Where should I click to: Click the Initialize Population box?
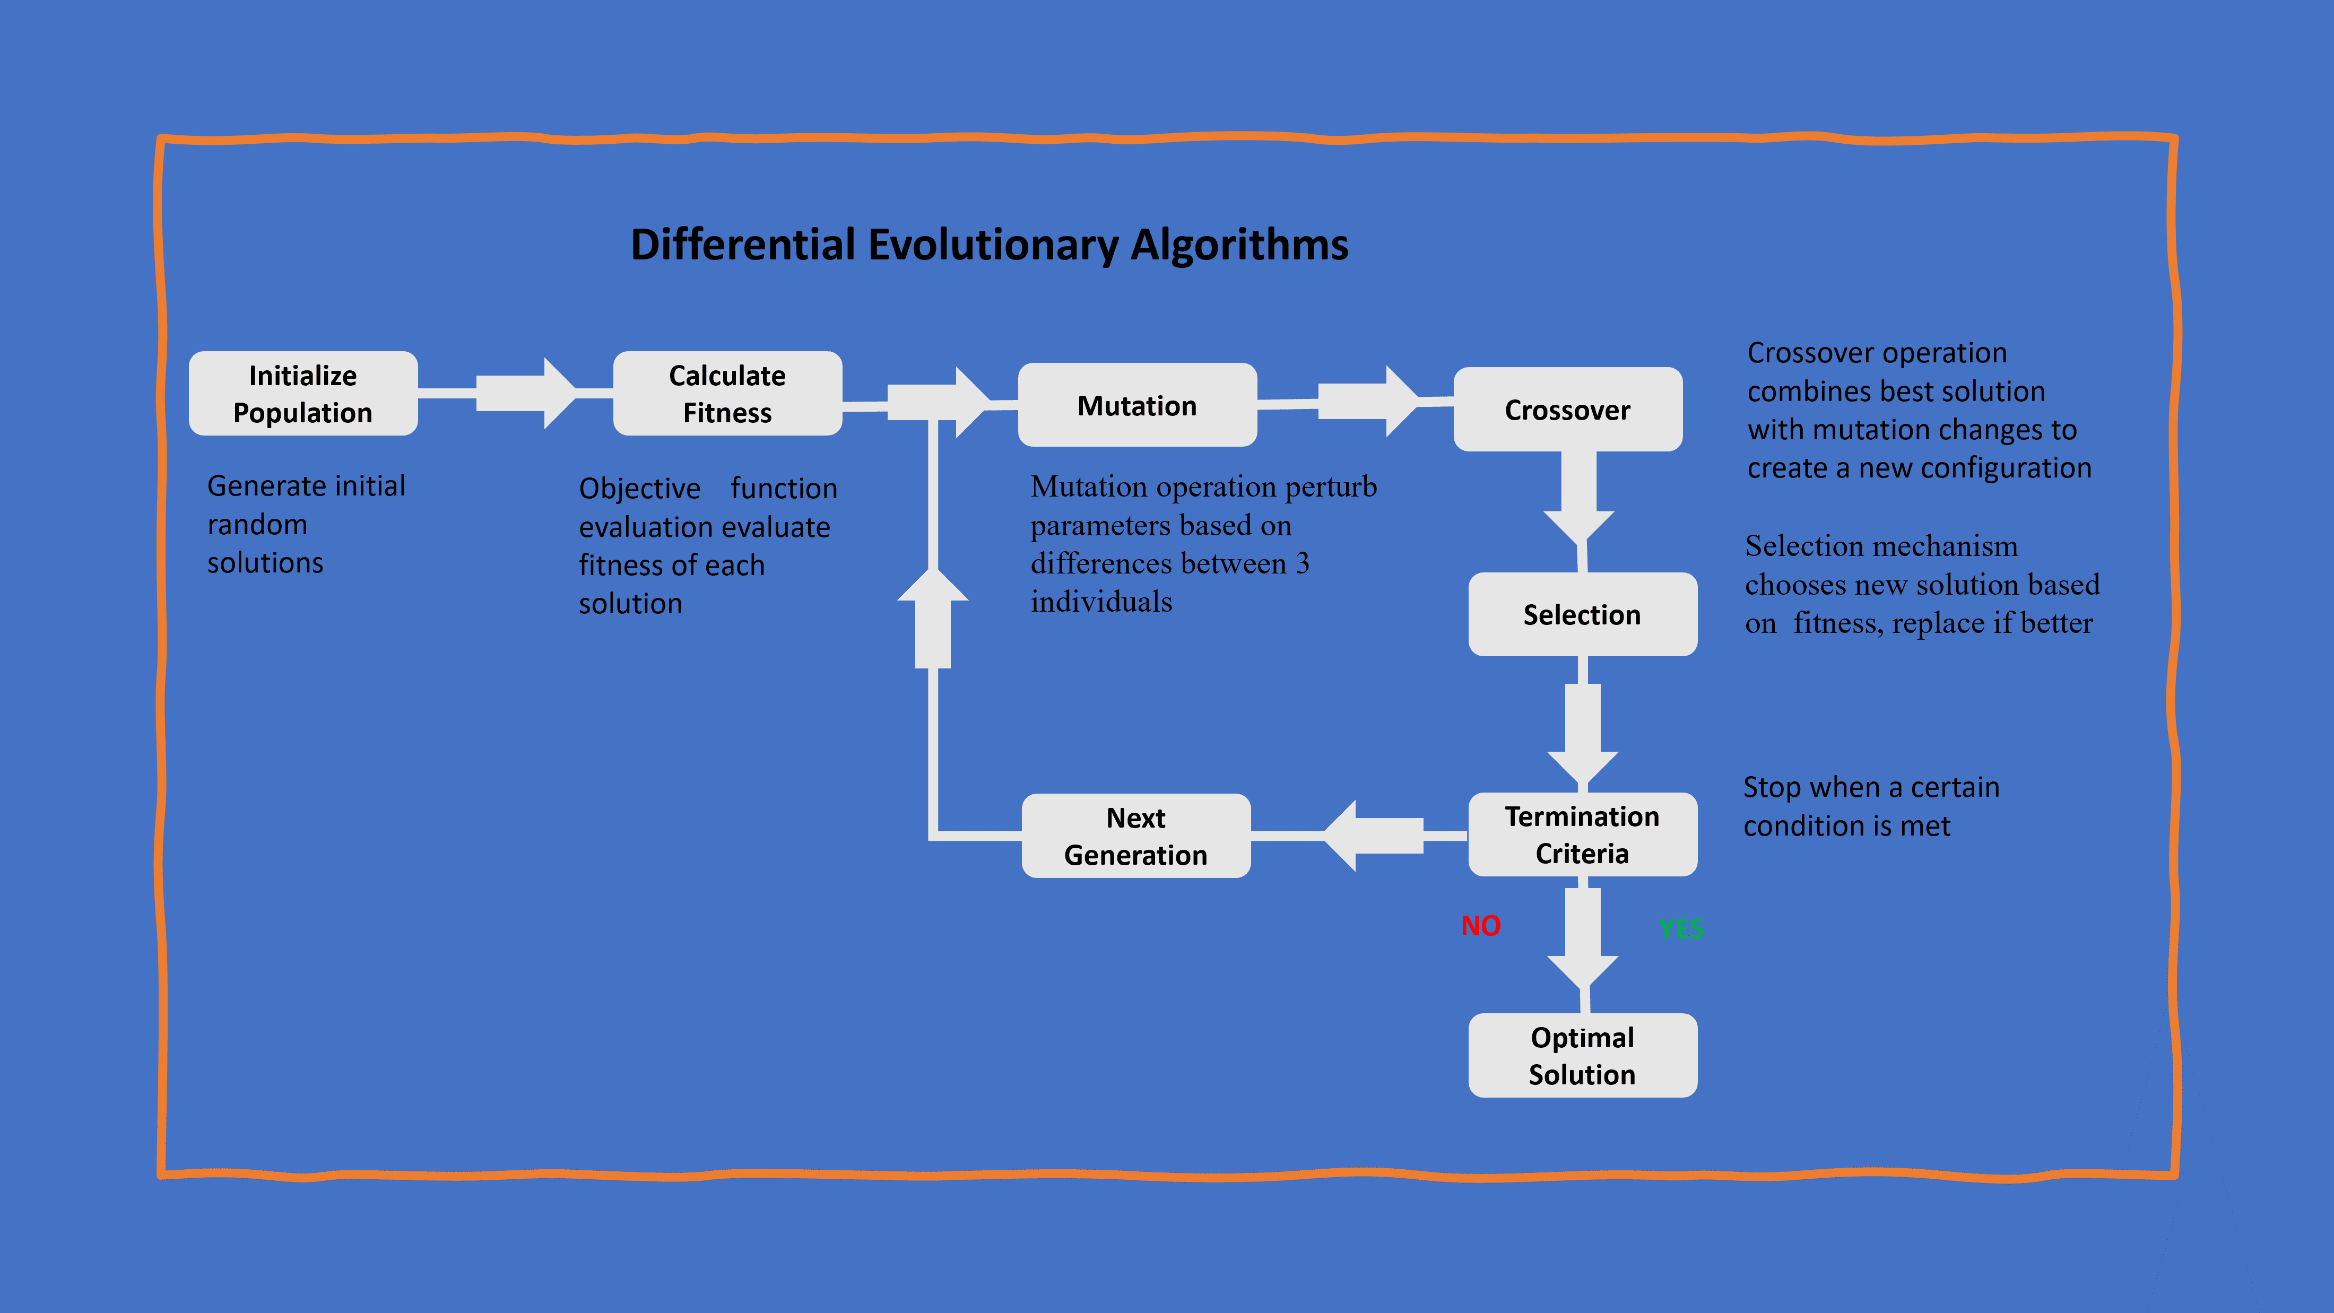[302, 393]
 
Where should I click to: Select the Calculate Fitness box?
[727, 393]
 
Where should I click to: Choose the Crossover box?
[1567, 410]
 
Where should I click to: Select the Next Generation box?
[1135, 836]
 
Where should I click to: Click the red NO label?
[1480, 926]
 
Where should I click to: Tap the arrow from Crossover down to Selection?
[1578, 498]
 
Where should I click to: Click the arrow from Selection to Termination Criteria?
[1582, 729]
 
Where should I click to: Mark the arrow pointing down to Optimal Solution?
[1582, 942]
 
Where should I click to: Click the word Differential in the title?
[743, 245]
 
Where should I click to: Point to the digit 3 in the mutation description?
[1302, 563]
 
